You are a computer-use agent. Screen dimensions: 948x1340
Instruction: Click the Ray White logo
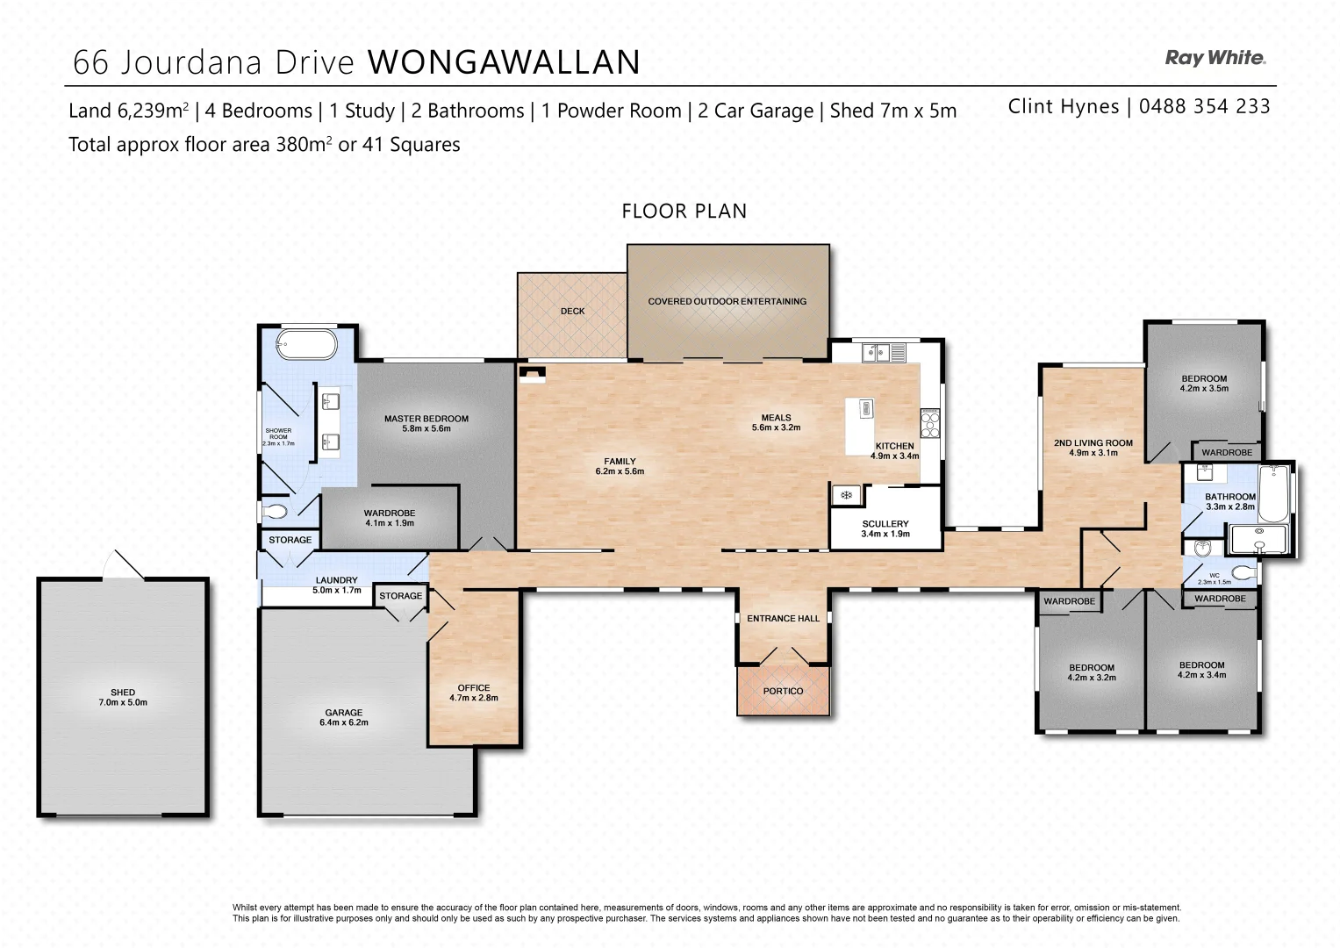[1215, 58]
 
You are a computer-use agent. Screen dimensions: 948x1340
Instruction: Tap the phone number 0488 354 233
[1204, 106]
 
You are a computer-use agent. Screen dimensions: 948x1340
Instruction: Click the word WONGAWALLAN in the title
[504, 62]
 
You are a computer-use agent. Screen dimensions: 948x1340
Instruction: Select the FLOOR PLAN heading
[684, 211]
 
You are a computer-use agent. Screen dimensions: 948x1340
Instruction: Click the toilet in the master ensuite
[274, 511]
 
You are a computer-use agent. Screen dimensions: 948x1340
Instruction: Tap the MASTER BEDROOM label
[426, 423]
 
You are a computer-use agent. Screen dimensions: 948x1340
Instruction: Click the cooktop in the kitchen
[929, 424]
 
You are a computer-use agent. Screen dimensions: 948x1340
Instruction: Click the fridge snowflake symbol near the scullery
[847, 495]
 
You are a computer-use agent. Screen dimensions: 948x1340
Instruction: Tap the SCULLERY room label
[885, 528]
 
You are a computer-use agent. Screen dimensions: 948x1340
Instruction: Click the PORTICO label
[783, 691]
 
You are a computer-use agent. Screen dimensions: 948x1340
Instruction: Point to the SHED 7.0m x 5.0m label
[123, 697]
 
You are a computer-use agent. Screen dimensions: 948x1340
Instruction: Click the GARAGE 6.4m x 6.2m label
[344, 718]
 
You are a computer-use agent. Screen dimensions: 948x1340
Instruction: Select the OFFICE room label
[474, 693]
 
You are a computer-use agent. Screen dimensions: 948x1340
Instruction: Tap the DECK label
[572, 311]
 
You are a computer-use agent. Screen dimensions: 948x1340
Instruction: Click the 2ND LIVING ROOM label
[1093, 448]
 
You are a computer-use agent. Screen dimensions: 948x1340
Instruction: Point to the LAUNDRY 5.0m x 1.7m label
[337, 585]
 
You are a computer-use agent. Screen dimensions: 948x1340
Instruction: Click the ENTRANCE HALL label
[783, 618]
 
